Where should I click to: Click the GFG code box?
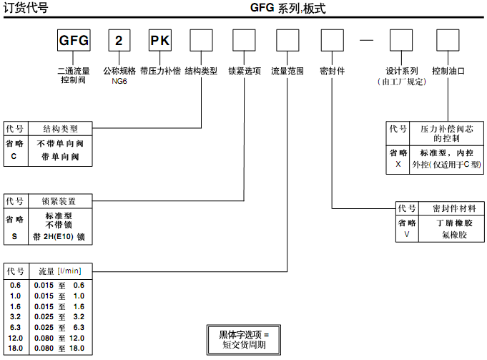(74, 41)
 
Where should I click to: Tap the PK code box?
(159, 41)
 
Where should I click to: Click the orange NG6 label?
(119, 82)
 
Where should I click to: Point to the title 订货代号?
(26, 9)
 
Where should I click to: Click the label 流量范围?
(287, 72)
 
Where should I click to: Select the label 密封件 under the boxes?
(333, 72)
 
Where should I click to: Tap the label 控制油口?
(448, 72)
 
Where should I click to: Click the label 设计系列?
(402, 72)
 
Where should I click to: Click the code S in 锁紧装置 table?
(14, 235)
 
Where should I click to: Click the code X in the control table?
(398, 164)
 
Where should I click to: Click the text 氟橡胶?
(454, 234)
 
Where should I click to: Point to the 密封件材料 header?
(454, 209)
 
